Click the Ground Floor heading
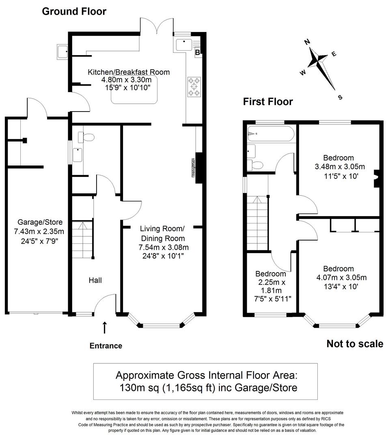pos(74,11)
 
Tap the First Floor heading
pos(267,101)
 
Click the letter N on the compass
pos(307,41)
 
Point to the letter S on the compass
pos(340,97)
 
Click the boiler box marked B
pos(198,52)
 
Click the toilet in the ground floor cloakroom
pos(87,137)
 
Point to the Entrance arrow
pos(105,327)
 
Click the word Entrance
pos(106,346)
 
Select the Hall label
pos(95,280)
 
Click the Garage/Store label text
pos(40,222)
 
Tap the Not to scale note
pos(355,344)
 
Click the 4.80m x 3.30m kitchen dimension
pos(129,80)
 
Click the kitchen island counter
pos(134,95)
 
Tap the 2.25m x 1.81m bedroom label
pos(271,282)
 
